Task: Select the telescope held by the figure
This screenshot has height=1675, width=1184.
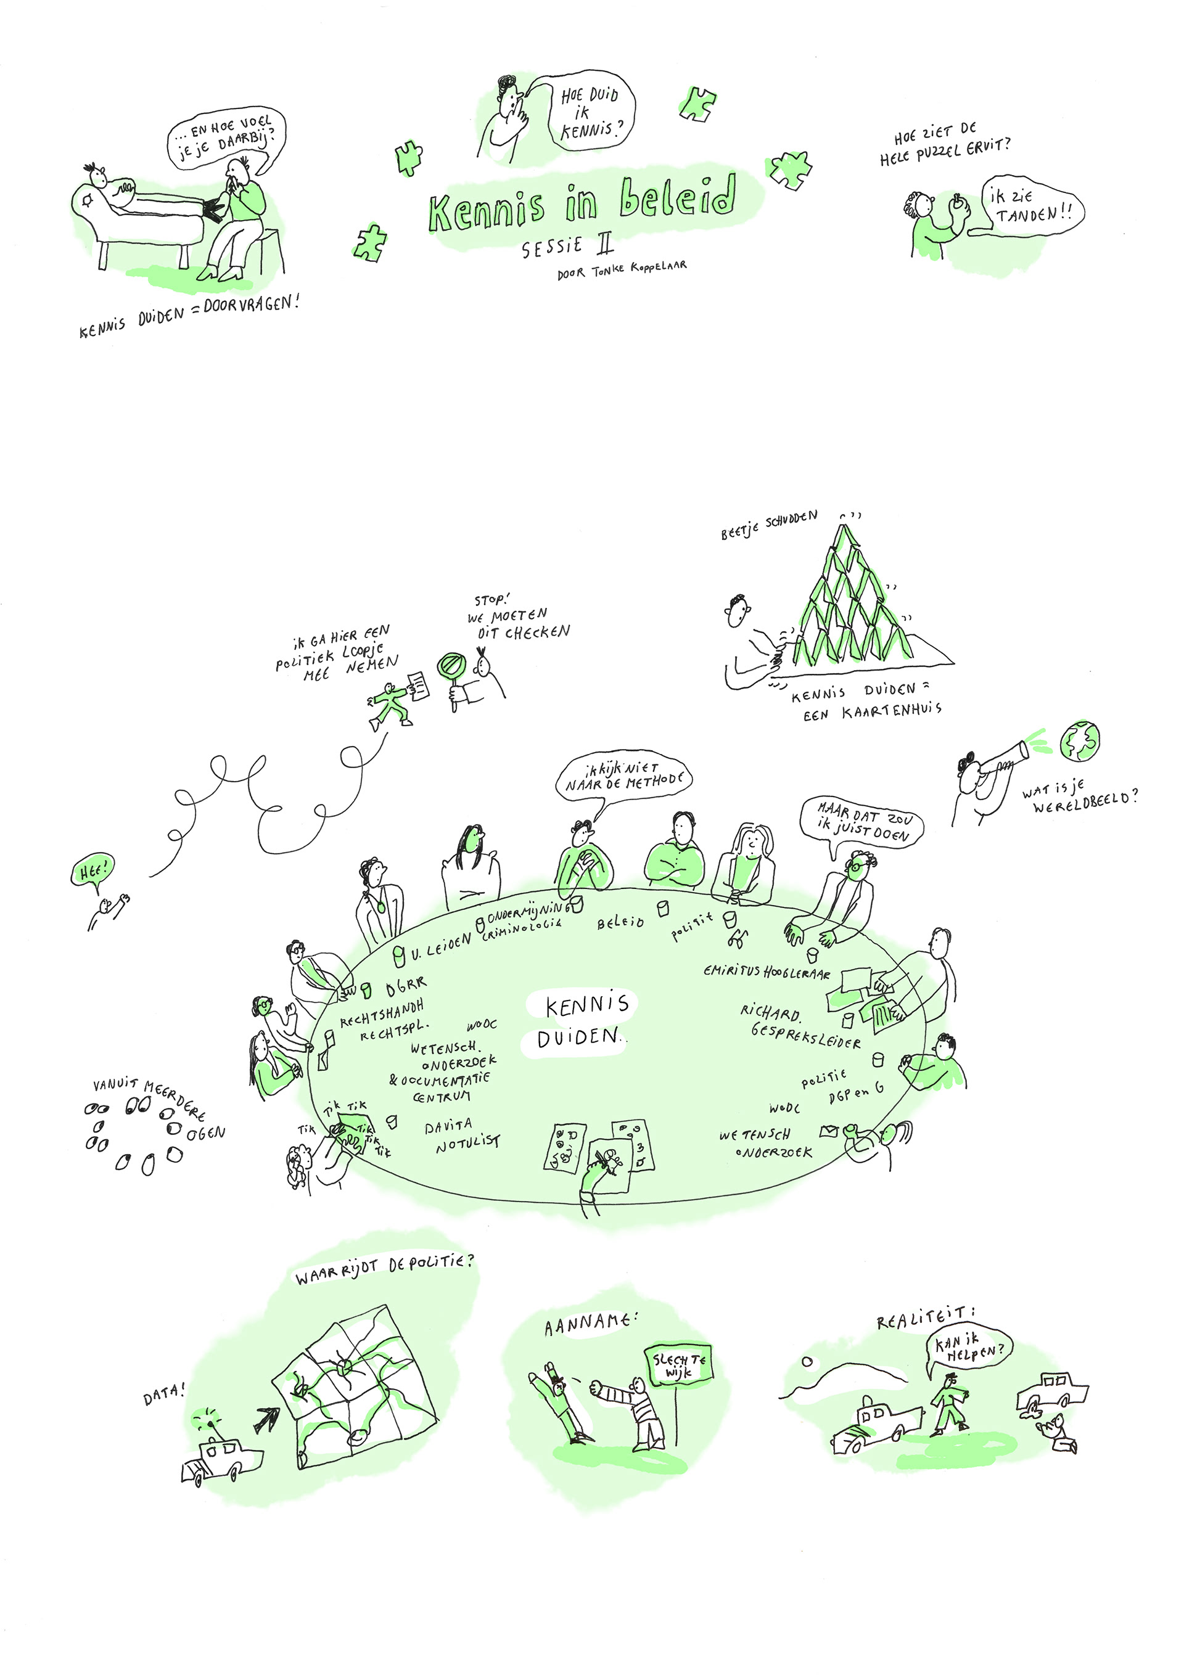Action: pos(1005,758)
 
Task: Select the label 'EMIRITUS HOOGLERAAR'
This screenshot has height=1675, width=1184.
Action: pos(767,972)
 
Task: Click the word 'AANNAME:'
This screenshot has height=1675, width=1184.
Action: pos(591,1324)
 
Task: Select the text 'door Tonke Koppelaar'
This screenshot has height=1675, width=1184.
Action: pos(621,270)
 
